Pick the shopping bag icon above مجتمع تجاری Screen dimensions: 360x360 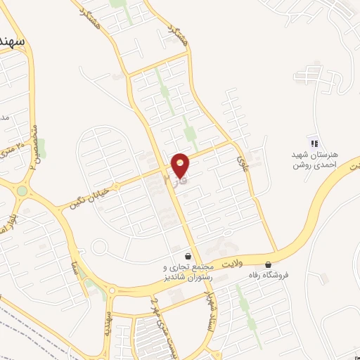[x=188, y=255]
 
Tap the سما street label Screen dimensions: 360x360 [x=72, y=266]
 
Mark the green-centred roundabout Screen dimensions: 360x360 [x=22, y=191]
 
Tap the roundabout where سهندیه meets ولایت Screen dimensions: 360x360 [x=112, y=290]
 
